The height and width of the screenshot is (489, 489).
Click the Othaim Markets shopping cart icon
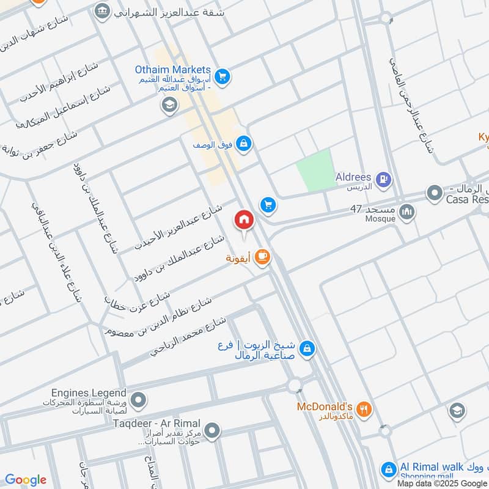tap(222, 76)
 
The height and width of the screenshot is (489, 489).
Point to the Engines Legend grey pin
tap(139, 400)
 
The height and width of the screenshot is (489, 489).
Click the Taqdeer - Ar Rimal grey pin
tap(212, 432)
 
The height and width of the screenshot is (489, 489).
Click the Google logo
tap(26, 480)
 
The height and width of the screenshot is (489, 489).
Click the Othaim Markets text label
tap(172, 70)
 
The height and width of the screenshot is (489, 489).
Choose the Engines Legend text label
tap(89, 393)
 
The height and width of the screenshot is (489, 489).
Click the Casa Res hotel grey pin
tap(435, 194)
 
